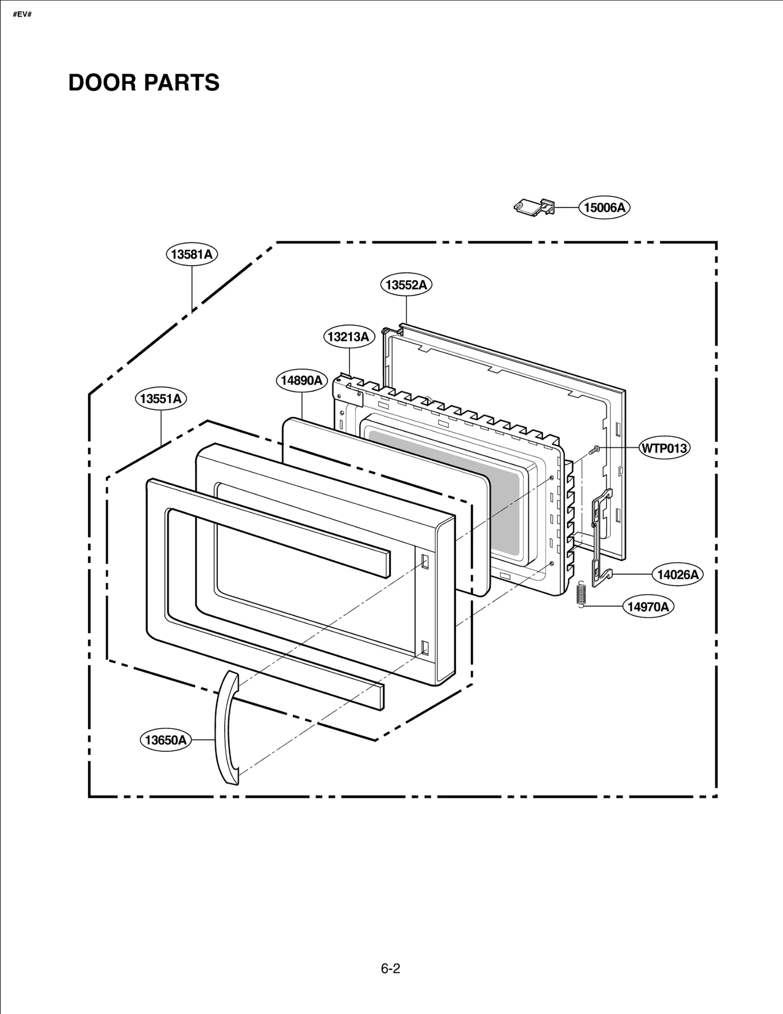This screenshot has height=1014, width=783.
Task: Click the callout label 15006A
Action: click(604, 208)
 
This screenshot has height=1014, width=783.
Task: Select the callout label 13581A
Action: click(192, 254)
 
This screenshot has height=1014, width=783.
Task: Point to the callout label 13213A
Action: click(348, 337)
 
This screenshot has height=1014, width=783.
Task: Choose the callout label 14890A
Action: click(301, 381)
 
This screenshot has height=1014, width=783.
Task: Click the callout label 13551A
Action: click(161, 399)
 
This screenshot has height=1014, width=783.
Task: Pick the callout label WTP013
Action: click(664, 448)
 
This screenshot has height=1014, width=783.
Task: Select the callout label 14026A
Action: click(677, 575)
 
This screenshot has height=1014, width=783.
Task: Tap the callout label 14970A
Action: click(648, 607)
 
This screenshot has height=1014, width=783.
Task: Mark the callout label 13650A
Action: click(166, 740)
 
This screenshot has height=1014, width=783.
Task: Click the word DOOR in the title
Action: click(101, 83)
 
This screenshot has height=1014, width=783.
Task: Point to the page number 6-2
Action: click(391, 969)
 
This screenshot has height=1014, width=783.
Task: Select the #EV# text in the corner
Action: click(22, 14)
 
